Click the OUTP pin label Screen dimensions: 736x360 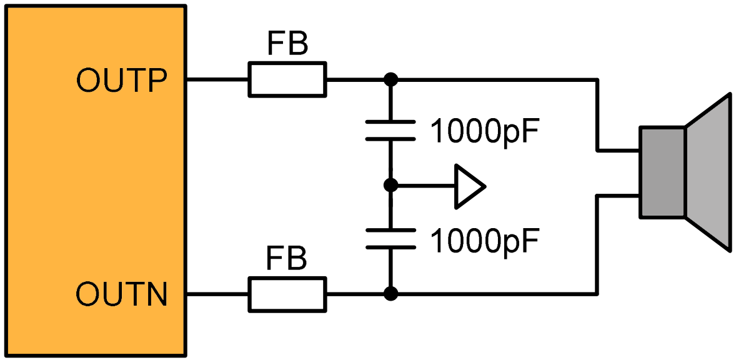coord(122,82)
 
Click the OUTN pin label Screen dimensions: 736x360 coord(122,295)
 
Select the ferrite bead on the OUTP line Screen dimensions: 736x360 coord(287,79)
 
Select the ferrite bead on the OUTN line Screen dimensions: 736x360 coord(287,294)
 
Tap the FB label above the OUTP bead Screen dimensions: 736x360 coord(287,43)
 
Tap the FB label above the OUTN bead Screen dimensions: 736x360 coord(287,258)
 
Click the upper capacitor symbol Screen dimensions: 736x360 coord(390,130)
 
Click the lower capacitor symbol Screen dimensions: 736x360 coord(390,238)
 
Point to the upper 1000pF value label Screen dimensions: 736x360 coord(484,131)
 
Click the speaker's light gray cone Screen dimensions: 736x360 coord(708,172)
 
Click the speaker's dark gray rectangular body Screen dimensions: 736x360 coord(662,172)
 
